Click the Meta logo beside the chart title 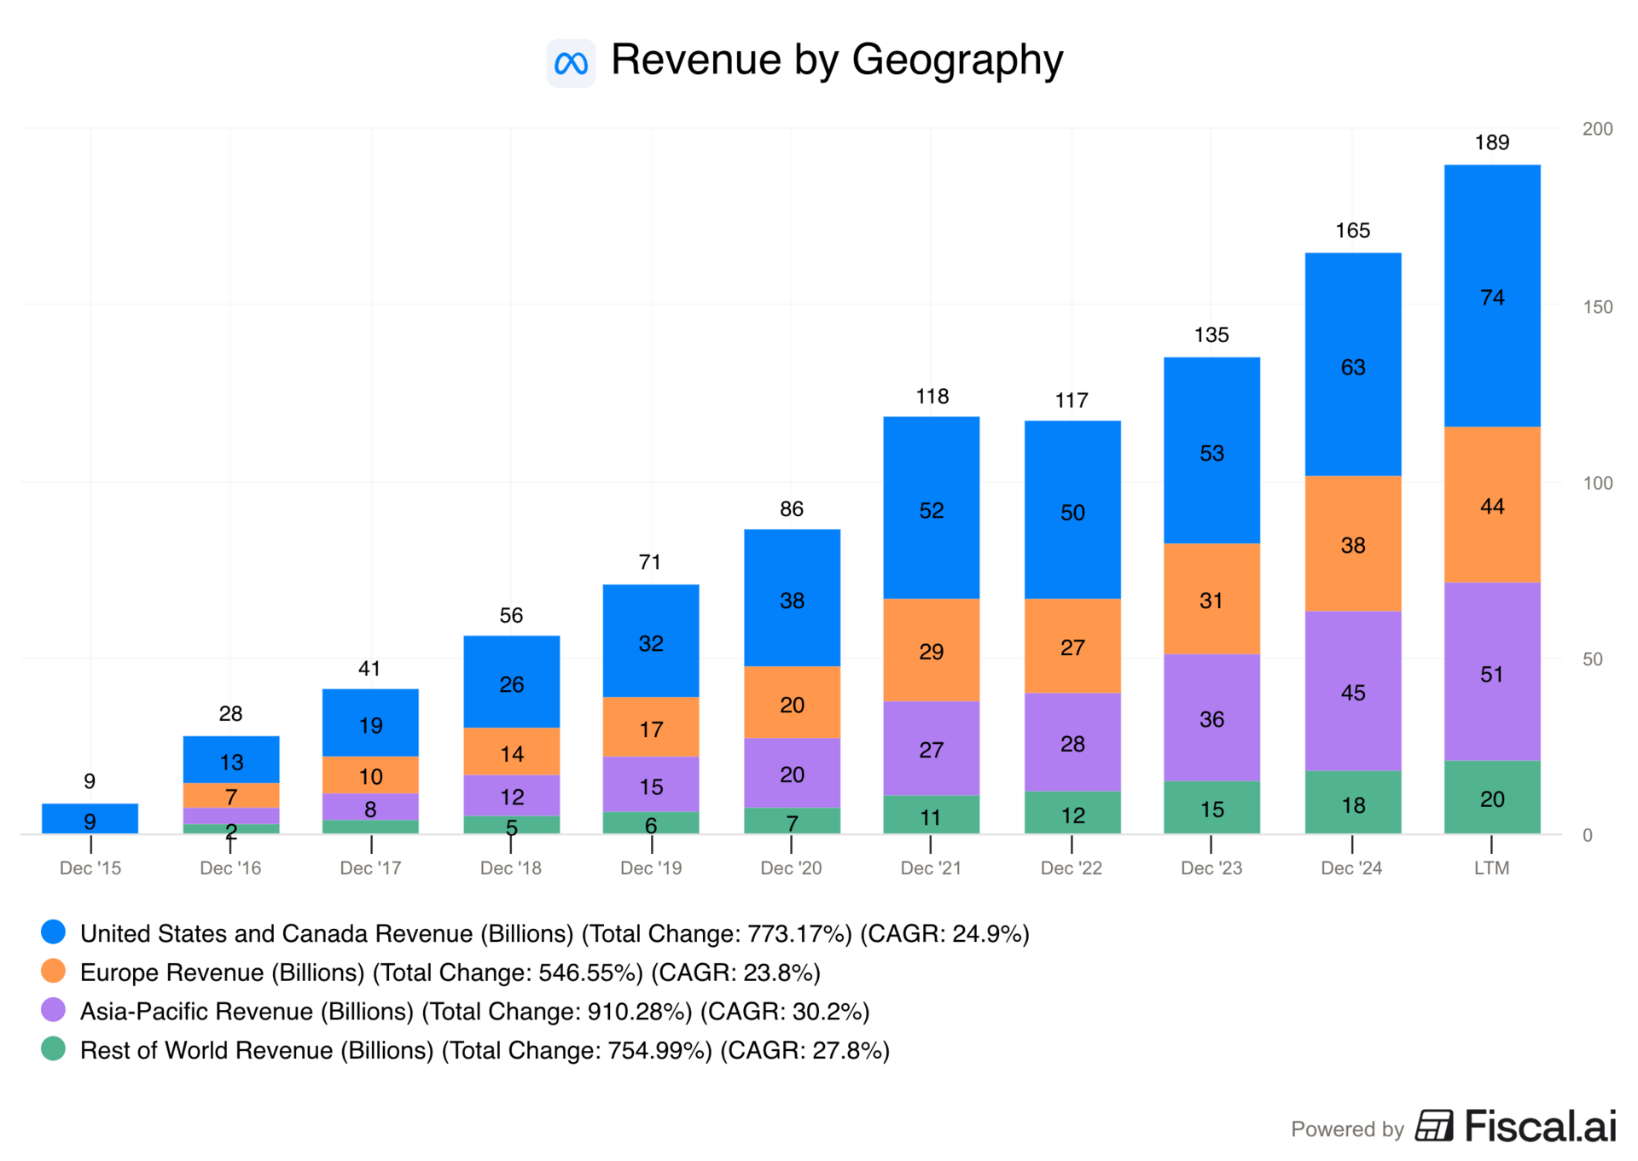point(571,63)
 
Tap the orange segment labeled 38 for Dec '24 point(1352,544)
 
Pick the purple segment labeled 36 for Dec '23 point(1211,718)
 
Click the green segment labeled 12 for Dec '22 point(1072,814)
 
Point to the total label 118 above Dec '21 point(932,397)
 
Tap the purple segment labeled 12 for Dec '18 point(511,796)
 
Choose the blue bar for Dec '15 point(90,819)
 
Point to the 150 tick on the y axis point(1597,307)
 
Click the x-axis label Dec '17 point(370,868)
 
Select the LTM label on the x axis point(1491,868)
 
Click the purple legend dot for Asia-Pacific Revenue point(53,1010)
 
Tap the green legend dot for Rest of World point(53,1048)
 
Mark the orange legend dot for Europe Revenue point(53,971)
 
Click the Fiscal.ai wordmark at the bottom point(1540,1126)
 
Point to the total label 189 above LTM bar point(1491,142)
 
